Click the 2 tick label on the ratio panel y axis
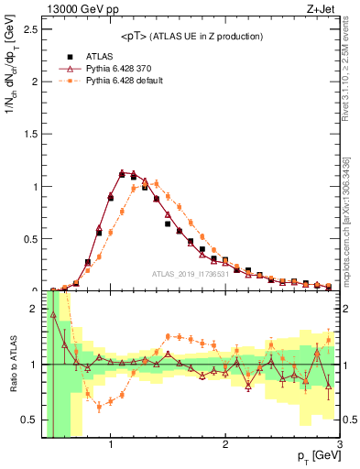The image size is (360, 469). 35,309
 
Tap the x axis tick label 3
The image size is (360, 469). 338,445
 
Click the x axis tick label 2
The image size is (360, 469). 225,445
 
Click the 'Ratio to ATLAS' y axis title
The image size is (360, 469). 11,365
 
